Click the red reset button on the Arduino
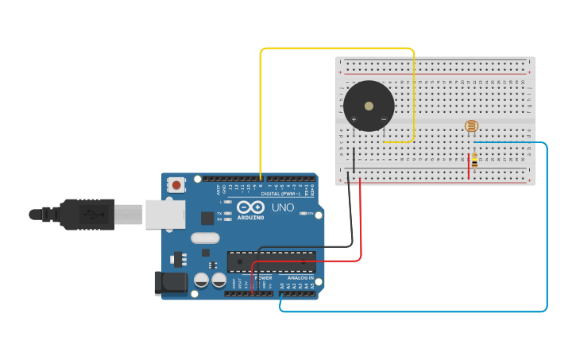point(176,185)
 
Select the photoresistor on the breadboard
point(471,126)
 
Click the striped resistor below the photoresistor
point(474,161)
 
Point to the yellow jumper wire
point(337,48)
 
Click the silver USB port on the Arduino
point(165,214)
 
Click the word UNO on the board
point(284,207)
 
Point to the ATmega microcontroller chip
point(271,261)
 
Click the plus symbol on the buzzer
point(354,119)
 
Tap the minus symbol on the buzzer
point(383,119)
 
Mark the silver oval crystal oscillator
point(205,238)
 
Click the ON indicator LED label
point(311,214)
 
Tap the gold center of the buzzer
point(369,106)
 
